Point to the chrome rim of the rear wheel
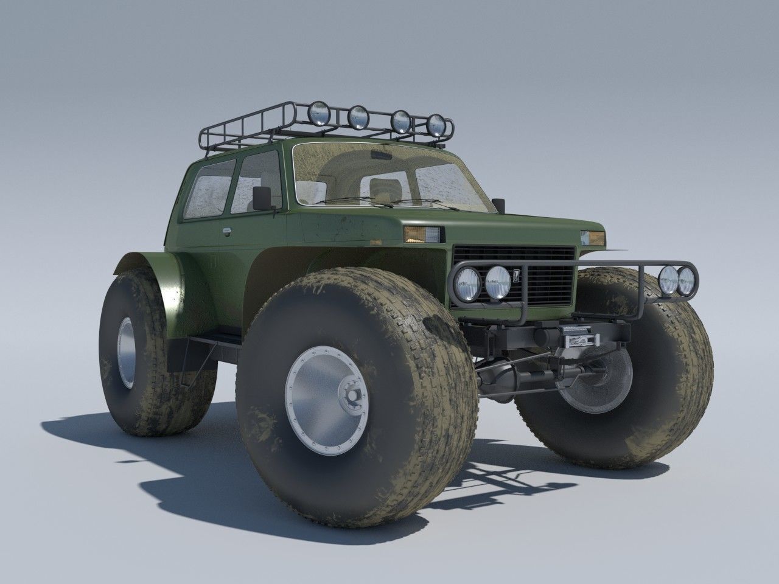127,352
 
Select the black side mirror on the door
262,196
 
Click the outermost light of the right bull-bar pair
686,280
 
